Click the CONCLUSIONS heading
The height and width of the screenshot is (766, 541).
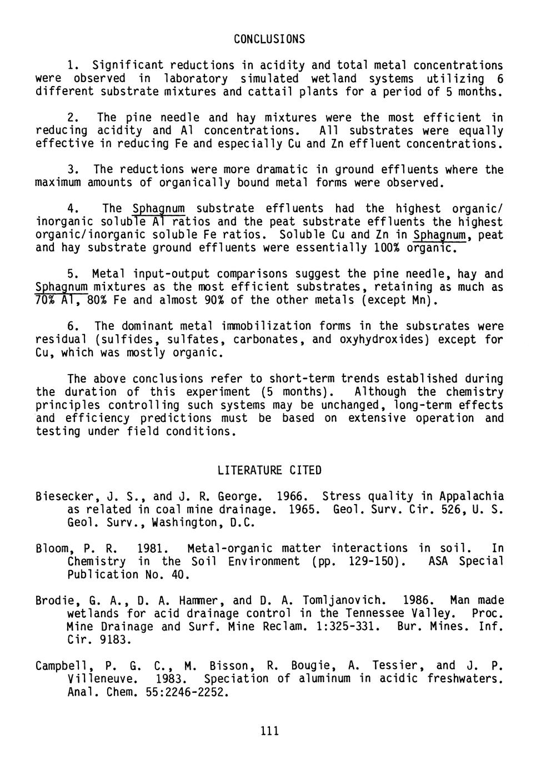[x=269, y=39]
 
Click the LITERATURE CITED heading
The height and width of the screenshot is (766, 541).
[x=269, y=471]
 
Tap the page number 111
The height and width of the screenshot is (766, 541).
[x=269, y=730]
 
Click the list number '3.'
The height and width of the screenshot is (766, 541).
[x=72, y=170]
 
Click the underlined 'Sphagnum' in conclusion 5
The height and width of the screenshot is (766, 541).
[x=61, y=288]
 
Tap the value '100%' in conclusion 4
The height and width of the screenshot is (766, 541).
[x=388, y=248]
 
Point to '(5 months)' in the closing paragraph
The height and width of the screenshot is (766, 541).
[x=295, y=392]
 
